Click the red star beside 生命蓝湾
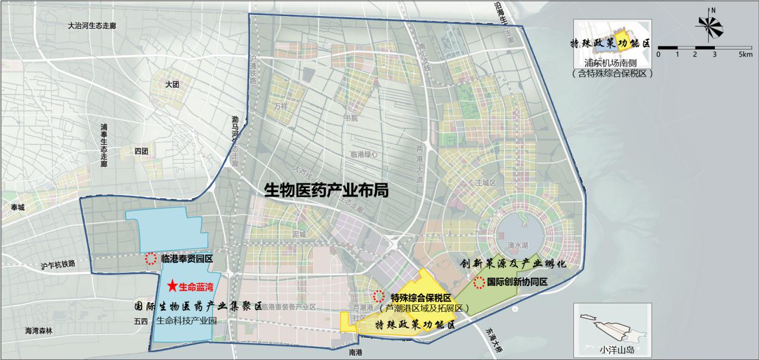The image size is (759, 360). [173, 287]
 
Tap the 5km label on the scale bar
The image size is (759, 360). [745, 54]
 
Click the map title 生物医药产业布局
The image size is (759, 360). [327, 190]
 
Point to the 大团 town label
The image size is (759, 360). [173, 85]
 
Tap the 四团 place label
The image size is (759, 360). [142, 150]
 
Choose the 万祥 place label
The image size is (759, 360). [281, 106]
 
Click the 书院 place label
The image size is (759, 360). [351, 118]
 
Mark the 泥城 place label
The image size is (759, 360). [299, 235]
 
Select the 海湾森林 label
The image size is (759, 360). [38, 330]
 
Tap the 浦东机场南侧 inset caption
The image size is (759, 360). [612, 63]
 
